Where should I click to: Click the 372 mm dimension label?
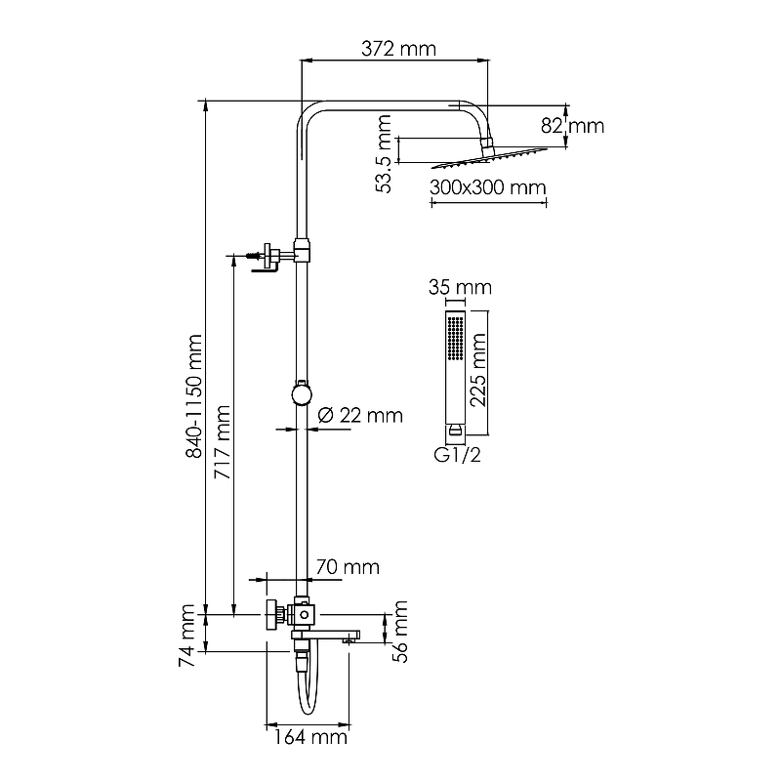coord(398,49)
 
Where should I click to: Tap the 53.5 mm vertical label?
coord(384,154)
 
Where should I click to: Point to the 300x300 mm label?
coord(487,187)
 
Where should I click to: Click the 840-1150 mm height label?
coord(193,396)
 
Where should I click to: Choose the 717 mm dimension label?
coord(223,442)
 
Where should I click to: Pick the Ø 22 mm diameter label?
coord(360,415)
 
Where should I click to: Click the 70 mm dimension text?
coord(348,567)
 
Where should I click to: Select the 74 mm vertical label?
coord(186,636)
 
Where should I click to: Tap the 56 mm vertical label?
coord(399,632)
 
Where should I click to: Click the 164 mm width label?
coord(309,737)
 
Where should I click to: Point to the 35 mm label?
coord(460,287)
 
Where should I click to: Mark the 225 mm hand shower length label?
coord(478,370)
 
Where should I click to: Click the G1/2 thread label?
coord(457,455)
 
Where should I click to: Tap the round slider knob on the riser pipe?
coord(302,394)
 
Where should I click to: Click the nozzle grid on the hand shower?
coord(455,338)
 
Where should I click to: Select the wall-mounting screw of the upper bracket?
coord(253,256)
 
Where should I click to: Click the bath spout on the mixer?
coord(326,637)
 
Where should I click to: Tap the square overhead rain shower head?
coord(489,157)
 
